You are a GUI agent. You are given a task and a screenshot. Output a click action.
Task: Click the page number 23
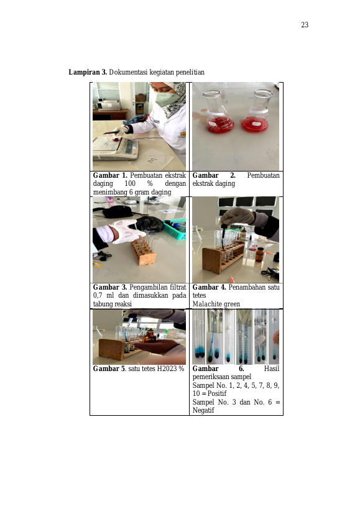305,25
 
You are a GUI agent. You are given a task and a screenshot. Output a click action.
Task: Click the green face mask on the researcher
165,98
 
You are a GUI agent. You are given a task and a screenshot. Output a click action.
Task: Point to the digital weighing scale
115,149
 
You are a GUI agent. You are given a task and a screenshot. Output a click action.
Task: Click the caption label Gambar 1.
110,175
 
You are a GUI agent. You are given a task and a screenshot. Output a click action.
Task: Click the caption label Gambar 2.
214,175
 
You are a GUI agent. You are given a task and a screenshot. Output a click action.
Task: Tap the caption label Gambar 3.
110,287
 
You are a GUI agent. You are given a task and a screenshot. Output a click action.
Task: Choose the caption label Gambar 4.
210,287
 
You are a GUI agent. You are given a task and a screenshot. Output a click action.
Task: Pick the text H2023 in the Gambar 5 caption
168,369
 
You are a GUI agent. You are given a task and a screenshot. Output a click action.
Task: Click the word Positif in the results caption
217,393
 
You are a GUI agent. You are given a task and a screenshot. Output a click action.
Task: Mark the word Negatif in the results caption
203,410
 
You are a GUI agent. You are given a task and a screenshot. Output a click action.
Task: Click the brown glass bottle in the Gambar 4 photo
259,255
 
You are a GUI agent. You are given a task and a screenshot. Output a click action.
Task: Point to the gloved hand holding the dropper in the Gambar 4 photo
237,216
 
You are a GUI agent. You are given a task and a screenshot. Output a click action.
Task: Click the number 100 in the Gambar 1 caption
130,183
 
